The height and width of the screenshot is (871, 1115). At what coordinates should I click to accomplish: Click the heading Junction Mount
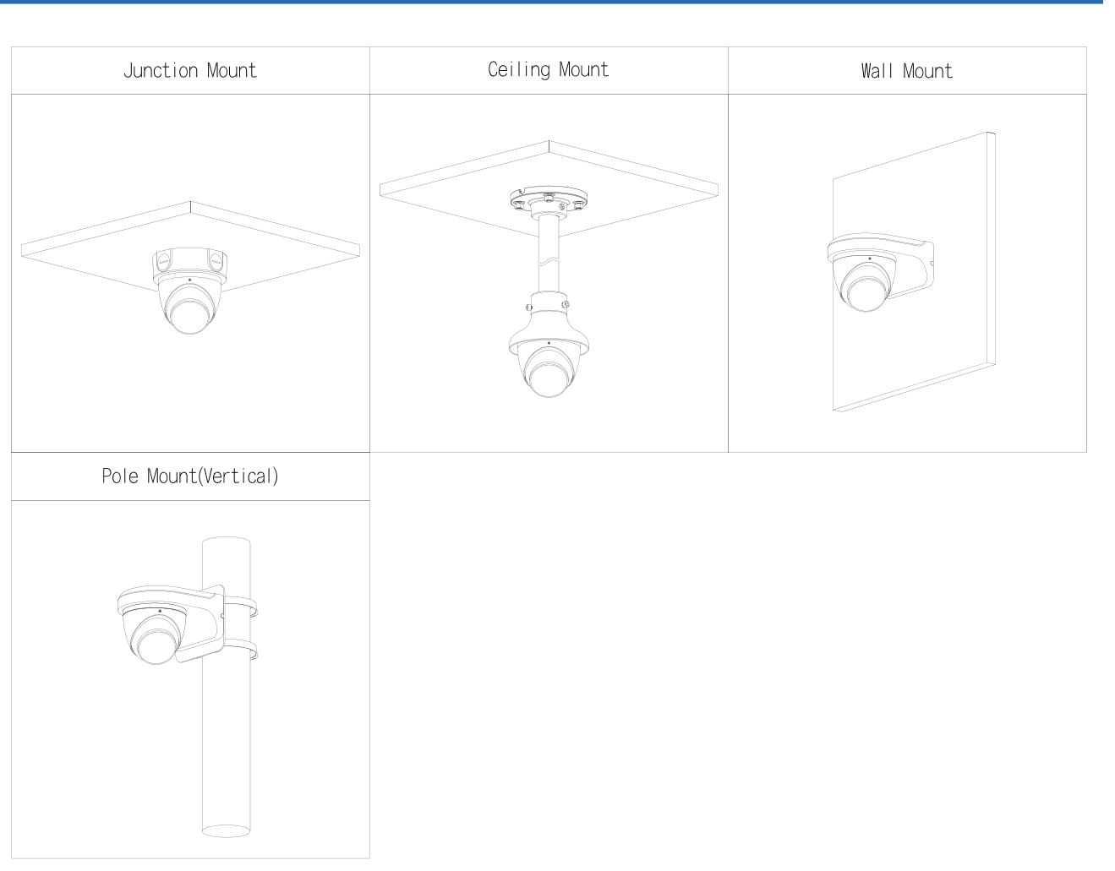[190, 70]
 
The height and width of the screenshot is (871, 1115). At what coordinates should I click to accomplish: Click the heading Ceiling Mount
[549, 70]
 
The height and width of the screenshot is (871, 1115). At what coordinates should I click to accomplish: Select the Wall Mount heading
[907, 71]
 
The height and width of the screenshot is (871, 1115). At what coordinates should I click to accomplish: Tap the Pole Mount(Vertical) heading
[190, 476]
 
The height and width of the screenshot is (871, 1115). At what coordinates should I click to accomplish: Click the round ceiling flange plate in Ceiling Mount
[549, 198]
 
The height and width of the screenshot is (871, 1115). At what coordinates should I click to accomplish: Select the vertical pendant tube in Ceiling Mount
[549, 253]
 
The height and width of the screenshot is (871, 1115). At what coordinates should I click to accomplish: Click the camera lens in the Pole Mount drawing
[156, 646]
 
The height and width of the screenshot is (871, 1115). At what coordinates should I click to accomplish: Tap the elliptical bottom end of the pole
[227, 830]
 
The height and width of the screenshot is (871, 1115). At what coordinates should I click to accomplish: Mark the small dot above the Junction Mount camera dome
[190, 280]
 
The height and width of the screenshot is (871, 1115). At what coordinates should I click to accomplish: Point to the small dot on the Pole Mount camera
[160, 611]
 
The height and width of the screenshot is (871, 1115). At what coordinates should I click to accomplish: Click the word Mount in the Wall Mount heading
[927, 71]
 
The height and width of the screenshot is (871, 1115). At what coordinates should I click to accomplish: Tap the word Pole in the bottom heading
[120, 476]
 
